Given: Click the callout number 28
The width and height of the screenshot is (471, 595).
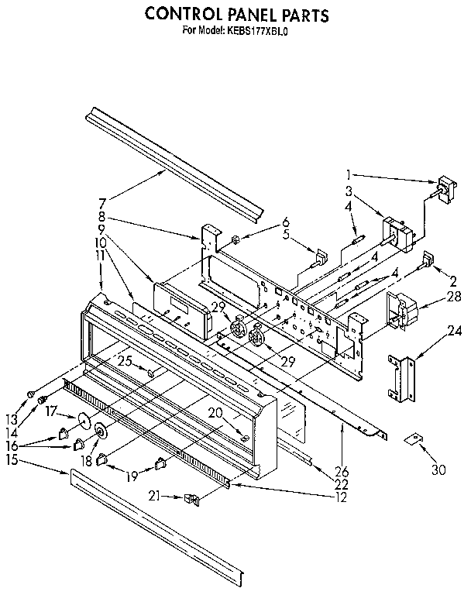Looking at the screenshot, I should pos(453,297).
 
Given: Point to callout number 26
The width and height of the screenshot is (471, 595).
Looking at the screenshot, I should pos(342,471).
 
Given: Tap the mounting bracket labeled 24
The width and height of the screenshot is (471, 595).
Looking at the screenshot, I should pos(401,377).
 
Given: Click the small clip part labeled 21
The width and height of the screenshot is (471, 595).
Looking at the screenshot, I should pos(191,500).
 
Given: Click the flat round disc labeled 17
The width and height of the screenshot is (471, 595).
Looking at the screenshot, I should pos(80,422).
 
